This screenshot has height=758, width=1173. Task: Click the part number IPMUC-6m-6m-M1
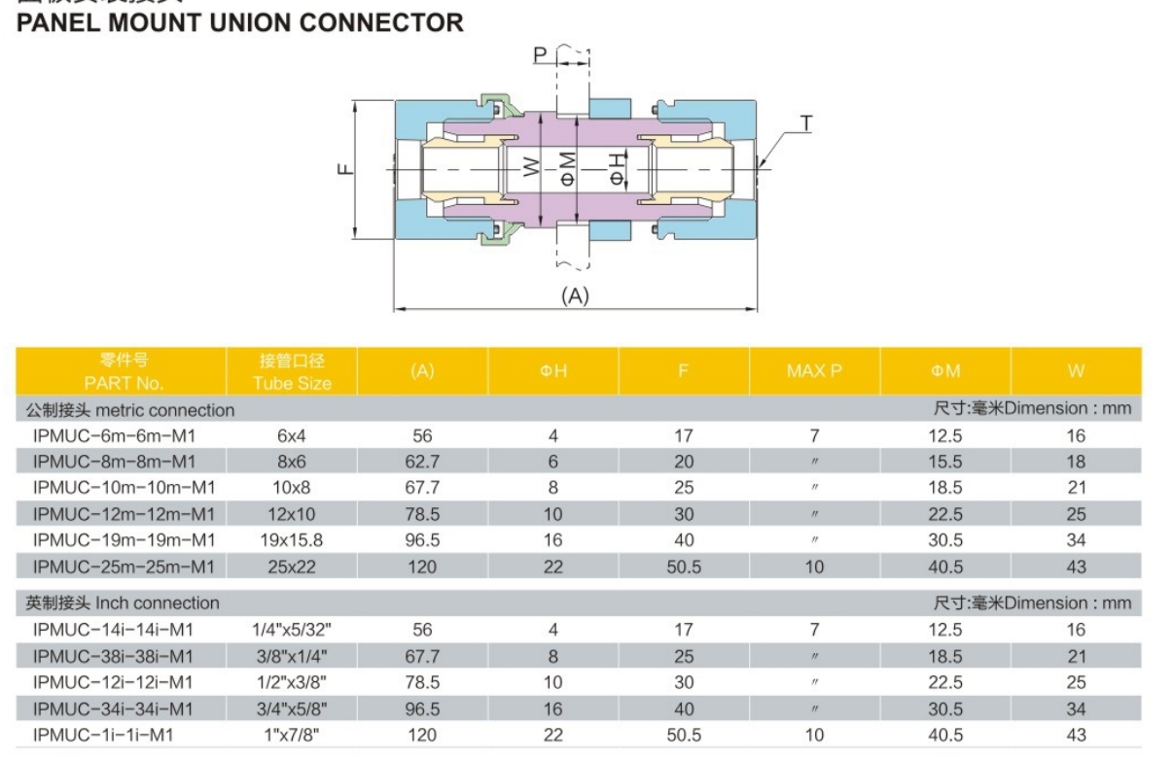pyautogui.click(x=121, y=435)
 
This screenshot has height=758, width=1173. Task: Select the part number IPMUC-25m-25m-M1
pyautogui.click(x=124, y=567)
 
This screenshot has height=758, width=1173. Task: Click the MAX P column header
pyautogui.click(x=813, y=370)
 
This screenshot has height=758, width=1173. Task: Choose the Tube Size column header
pyautogui.click(x=292, y=371)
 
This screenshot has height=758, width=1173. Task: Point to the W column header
pyautogui.click(x=1075, y=370)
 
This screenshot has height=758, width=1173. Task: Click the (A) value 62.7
pyautogui.click(x=422, y=462)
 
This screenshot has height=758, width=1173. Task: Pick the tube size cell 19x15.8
pyautogui.click(x=292, y=540)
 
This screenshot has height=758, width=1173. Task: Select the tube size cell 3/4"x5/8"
pyautogui.click(x=292, y=709)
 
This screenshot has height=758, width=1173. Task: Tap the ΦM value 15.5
pyautogui.click(x=944, y=462)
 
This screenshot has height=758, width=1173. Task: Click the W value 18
pyautogui.click(x=1075, y=462)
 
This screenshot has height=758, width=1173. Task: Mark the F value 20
pyautogui.click(x=684, y=462)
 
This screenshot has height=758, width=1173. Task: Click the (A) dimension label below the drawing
pyautogui.click(x=575, y=296)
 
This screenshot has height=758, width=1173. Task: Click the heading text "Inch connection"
pyautogui.click(x=157, y=603)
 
